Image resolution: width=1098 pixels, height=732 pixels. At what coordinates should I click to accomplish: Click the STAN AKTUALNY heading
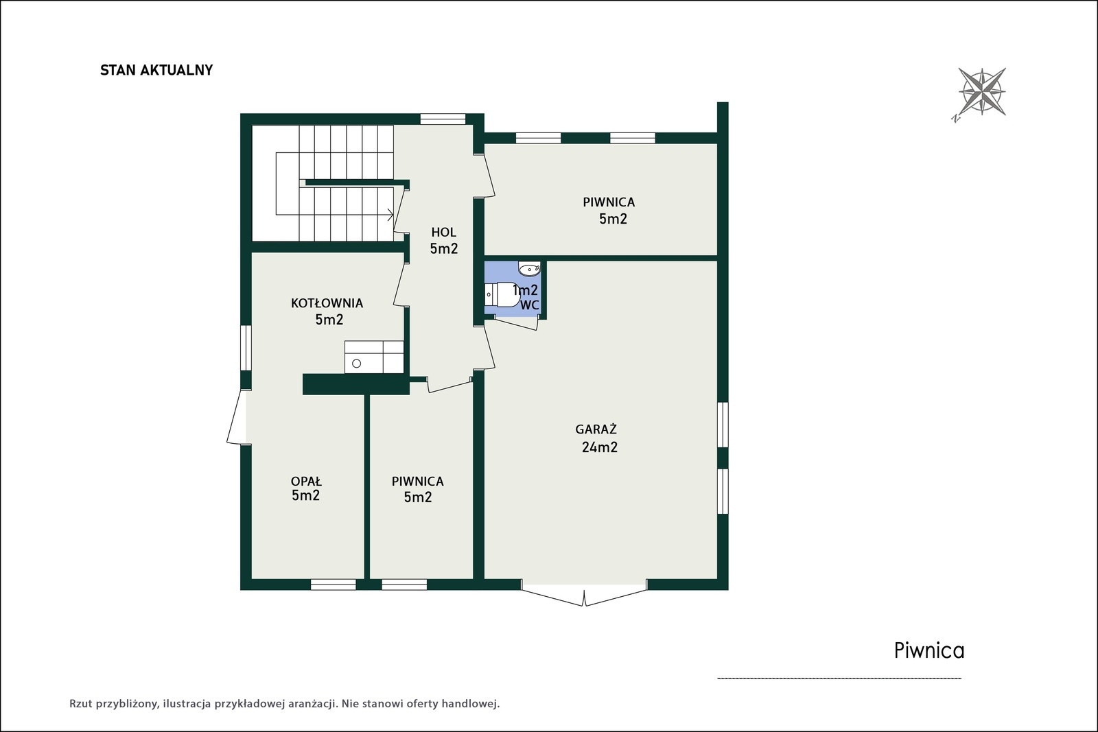pos(156,70)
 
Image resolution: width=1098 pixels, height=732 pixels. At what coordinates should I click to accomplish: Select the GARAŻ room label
pos(596,429)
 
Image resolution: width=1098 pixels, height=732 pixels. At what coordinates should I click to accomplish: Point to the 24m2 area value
pos(600,447)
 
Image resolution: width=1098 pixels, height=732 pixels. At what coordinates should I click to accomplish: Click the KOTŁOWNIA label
pos(327,303)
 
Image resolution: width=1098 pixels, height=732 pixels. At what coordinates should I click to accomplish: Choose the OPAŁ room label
pos(306,481)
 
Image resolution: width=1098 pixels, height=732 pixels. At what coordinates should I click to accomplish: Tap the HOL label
pos(443,232)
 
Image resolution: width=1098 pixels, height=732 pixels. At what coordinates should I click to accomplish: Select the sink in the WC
pos(529,268)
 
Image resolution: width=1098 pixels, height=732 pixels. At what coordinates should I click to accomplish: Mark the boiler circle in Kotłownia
pos(357,364)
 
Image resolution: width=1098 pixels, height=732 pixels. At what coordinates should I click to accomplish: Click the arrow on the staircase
pos(390,215)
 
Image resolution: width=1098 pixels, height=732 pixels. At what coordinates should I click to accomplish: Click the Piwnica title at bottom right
pos(929,650)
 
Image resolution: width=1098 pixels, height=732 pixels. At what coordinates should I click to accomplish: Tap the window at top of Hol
pos(443,119)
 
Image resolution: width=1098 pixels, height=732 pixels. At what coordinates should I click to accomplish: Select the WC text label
pos(529,305)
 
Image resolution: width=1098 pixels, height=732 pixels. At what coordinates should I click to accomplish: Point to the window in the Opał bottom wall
pos(334,584)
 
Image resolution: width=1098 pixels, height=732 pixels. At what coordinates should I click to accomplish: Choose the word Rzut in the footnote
pos(80,704)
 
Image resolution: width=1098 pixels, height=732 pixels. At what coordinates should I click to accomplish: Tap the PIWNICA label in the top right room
pos(609,202)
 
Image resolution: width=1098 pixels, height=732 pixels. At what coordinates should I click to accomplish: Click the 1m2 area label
pos(526,290)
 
